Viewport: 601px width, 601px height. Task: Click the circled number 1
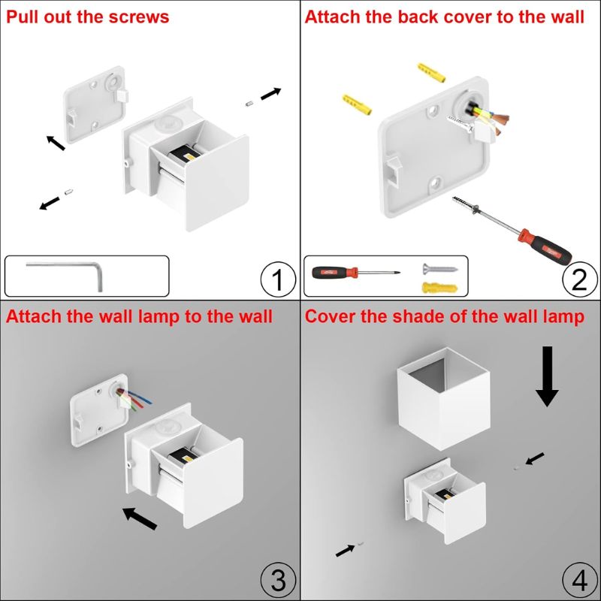pos(277,279)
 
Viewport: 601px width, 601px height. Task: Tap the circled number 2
pos(578,279)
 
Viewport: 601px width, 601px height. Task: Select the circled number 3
pos(277,580)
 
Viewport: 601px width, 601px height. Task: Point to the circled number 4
pos(578,580)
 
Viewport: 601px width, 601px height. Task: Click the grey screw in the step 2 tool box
pos(435,268)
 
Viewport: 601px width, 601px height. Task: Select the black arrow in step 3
pos(140,518)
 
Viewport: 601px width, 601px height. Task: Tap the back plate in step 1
pos(95,112)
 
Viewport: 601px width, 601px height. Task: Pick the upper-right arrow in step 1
pos(271,93)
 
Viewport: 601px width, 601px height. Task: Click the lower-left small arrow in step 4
pos(346,550)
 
